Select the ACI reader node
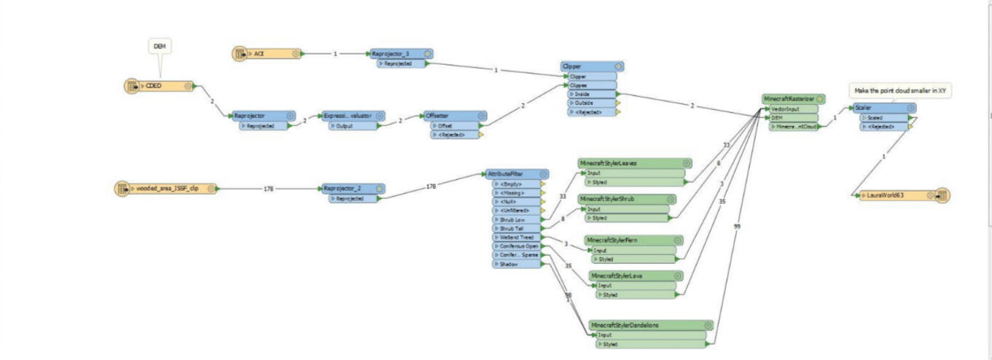(x=270, y=54)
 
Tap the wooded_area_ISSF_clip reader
(x=167, y=188)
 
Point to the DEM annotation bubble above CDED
(x=160, y=47)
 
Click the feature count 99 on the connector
(x=737, y=227)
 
